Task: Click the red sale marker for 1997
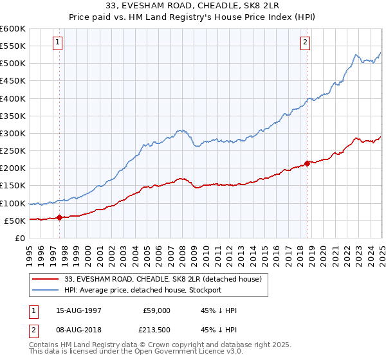pos(60,217)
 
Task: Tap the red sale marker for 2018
pos(307,163)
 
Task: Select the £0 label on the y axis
pos(21,238)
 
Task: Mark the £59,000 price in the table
pos(156,310)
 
